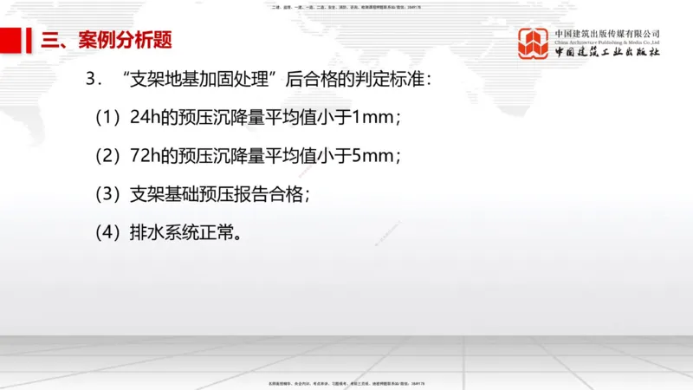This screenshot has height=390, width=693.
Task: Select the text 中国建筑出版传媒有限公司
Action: point(607,33)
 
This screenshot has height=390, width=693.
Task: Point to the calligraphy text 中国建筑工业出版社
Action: point(607,53)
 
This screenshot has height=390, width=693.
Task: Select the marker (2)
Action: point(109,156)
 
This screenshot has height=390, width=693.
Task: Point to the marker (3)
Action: point(109,194)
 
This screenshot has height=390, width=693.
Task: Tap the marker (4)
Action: point(109,232)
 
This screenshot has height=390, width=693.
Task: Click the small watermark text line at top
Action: point(346,8)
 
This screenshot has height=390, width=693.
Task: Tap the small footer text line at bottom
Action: point(346,382)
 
